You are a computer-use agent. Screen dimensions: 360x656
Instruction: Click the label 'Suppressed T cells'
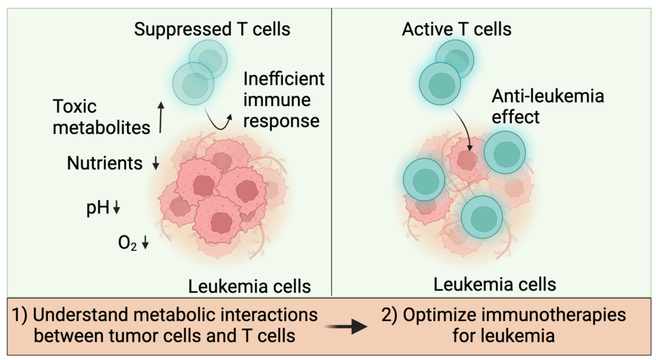click(212, 29)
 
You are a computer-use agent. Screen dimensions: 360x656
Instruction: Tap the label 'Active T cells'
click(456, 29)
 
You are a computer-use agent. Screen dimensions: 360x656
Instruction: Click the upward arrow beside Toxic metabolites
click(161, 117)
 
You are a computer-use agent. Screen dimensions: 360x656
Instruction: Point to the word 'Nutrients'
click(105, 163)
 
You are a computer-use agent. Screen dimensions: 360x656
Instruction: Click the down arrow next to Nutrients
click(155, 164)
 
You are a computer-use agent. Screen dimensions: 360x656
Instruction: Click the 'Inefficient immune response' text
click(283, 100)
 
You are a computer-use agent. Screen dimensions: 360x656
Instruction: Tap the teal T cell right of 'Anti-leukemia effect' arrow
click(505, 152)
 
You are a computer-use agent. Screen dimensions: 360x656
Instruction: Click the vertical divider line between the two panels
click(331, 150)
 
